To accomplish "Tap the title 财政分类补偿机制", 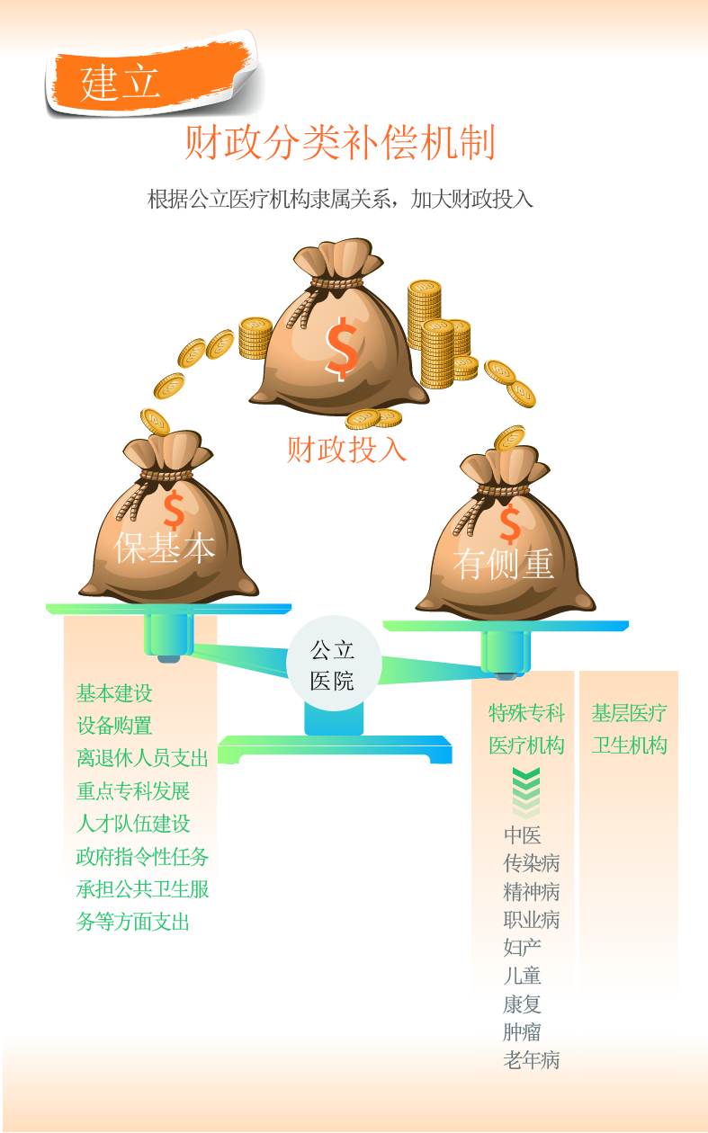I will pos(340,143).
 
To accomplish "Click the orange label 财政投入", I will pos(347,448).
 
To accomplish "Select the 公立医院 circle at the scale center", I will pos(333,665).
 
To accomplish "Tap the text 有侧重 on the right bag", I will pos(504,565).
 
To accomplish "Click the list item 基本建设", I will pos(114,693).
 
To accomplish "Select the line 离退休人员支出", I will pos(142,758).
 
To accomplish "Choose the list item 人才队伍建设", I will pos(133,824).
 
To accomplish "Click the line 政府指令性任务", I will pos(142,856).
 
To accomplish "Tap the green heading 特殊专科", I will pos(526,713).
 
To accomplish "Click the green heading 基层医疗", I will pos(629,713).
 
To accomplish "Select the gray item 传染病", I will pos(531,863).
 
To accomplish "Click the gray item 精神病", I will pos(531,892).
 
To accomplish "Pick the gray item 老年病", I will pos(531,1060).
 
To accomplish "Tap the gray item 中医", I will pos(522,835).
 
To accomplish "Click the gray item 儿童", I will pos(522,976).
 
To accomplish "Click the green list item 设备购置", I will pos(114,726).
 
